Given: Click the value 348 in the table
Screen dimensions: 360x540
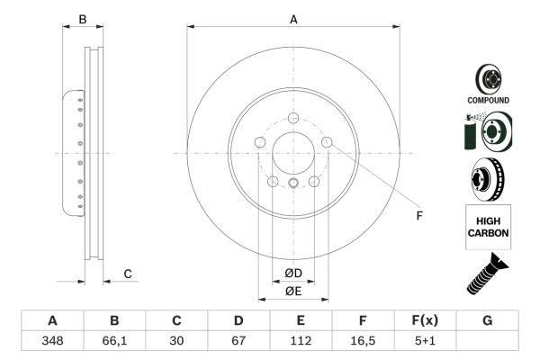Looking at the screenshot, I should click(52, 341).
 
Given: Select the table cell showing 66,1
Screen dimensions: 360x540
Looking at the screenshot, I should click(114, 341).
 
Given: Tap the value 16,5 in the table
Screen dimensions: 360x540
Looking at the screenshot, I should click(363, 341).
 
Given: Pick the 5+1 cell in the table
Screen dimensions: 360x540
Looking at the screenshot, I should click(425, 341).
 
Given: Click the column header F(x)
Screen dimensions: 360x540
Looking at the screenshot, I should click(425, 321).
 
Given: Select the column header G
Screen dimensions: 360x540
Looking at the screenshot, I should click(487, 321).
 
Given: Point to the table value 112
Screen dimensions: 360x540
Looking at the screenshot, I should click(301, 341).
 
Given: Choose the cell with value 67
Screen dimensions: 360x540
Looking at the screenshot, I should click(238, 341).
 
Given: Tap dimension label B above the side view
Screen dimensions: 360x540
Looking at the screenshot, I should click(82, 18).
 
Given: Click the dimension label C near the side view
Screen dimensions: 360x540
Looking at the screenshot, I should click(128, 274).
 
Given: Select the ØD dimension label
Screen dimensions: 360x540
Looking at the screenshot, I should click(293, 273).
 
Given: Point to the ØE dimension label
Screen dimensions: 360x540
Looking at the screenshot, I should click(293, 291).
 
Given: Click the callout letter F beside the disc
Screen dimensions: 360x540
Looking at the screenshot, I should click(418, 216).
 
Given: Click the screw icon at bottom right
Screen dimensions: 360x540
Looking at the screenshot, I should click(487, 275).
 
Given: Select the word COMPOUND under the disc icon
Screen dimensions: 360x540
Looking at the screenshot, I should click(488, 100).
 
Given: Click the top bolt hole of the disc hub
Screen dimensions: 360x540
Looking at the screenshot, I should click(293, 117).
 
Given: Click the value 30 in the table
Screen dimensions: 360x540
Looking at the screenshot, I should click(176, 341).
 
